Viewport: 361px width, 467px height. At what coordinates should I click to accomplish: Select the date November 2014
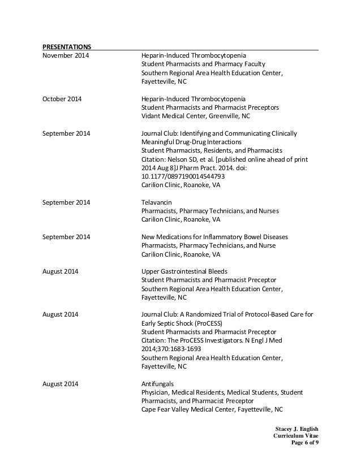point(65,55)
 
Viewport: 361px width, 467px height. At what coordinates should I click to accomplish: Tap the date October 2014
point(62,99)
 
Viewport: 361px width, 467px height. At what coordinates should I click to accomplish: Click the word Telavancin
point(157,202)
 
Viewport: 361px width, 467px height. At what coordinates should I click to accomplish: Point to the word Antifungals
point(157,383)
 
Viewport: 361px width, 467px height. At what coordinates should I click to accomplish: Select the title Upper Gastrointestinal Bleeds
point(184,271)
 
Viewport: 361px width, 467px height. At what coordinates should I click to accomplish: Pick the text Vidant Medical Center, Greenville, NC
point(195,116)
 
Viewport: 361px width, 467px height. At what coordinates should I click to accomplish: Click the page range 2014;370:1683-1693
point(171,349)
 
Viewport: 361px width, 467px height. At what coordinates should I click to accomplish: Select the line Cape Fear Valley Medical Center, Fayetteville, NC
point(212,409)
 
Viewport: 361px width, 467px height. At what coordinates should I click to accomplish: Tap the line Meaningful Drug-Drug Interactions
point(191,142)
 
